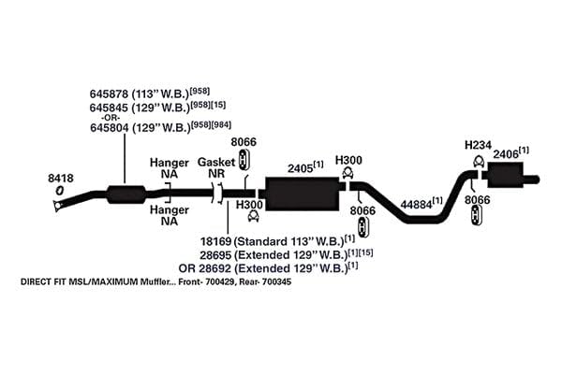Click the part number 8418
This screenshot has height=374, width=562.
coord(61,178)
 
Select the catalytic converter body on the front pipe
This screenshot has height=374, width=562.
coord(126,194)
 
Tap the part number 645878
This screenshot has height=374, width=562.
coord(109,94)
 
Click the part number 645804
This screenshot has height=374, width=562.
coord(110,128)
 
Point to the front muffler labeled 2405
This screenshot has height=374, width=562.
coord(302,194)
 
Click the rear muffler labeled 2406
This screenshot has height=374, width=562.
coord(505,175)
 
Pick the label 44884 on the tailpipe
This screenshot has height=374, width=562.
coord(416,205)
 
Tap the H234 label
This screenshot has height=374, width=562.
coord(478,145)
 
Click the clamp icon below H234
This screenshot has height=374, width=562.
coord(479,162)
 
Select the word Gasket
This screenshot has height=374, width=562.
coord(216,162)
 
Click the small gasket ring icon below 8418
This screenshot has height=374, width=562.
coord(60,191)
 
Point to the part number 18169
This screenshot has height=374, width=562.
coord(215,241)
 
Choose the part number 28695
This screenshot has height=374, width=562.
coord(215,255)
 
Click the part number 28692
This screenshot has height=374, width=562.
coord(214,268)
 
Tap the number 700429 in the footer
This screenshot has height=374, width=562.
coord(220,281)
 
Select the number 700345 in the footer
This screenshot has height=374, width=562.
coord(276,281)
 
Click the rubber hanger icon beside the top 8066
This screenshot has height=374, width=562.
coord(244,160)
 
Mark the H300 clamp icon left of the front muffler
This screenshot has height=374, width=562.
coord(254,216)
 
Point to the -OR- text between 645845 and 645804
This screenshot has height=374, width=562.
coord(111,118)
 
